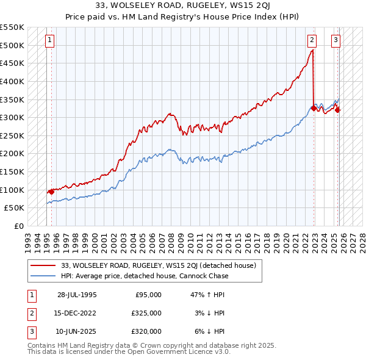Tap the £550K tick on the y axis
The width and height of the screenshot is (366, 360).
(x=12, y=27)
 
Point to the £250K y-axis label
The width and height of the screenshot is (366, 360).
(x=12, y=135)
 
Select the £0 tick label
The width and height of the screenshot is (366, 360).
(x=19, y=226)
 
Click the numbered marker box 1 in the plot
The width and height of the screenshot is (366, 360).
(x=49, y=41)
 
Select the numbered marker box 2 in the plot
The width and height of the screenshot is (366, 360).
(x=312, y=41)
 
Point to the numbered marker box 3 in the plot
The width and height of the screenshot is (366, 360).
(x=335, y=41)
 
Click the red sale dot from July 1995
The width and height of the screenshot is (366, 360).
(x=51, y=192)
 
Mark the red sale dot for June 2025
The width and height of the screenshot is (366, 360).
(x=338, y=110)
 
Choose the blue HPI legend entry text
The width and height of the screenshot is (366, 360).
(x=145, y=276)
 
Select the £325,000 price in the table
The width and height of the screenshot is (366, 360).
(x=146, y=313)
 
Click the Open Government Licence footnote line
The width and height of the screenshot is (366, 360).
(x=120, y=352)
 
